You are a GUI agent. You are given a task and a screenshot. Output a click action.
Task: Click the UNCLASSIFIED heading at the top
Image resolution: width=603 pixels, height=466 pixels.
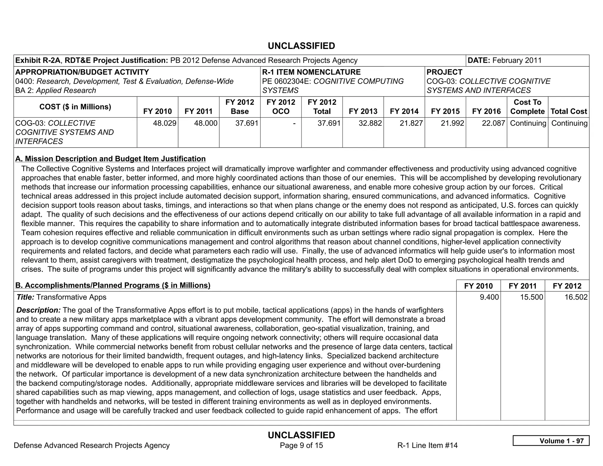[x=301, y=46]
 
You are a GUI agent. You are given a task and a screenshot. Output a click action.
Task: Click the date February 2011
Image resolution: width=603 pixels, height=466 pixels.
[x=517, y=60]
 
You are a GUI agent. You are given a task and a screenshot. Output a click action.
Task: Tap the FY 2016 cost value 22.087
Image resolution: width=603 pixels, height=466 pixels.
[x=493, y=123]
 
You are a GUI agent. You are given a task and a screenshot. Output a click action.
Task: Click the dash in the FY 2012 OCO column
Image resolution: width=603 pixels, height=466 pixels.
[x=294, y=123]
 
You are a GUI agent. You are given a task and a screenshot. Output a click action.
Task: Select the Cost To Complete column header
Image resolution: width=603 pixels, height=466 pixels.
[x=527, y=107]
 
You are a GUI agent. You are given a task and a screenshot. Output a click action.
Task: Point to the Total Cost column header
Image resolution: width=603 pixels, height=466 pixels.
[x=569, y=111]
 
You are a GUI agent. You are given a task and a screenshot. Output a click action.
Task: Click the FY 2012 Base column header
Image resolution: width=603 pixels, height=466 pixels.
[x=240, y=107]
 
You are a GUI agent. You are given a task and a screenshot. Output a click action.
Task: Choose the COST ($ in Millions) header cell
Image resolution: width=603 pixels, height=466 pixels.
[x=75, y=107]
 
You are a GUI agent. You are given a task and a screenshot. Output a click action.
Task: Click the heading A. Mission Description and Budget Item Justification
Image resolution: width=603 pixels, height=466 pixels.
[x=110, y=159]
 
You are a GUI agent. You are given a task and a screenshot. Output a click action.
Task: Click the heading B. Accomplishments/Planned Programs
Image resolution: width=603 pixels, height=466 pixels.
[x=113, y=285]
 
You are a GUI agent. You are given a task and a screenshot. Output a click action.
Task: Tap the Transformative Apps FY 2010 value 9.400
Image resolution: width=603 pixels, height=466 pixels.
[x=489, y=297]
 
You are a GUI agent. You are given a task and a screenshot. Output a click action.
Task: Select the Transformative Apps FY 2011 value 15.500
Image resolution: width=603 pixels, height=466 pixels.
[x=531, y=297]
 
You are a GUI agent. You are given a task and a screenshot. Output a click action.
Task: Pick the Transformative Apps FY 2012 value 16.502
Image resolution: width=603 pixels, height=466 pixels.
[x=576, y=297]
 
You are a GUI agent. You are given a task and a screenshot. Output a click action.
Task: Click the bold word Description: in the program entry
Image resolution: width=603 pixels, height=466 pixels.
[x=38, y=310]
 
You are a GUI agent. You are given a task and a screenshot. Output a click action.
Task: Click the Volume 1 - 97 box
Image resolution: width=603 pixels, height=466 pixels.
[x=551, y=441]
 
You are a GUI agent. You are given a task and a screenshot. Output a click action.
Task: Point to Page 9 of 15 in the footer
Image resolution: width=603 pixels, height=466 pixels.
[x=301, y=445]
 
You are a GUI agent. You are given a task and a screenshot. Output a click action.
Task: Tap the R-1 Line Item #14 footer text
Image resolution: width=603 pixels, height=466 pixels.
[x=427, y=445]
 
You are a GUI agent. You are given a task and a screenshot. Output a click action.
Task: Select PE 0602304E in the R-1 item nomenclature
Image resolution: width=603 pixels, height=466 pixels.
[x=286, y=81]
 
